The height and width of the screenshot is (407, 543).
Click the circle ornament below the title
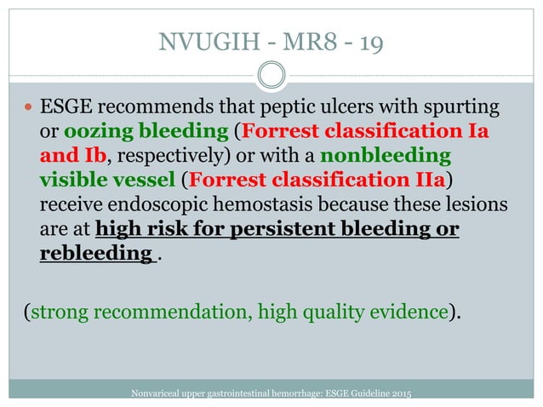(x=271, y=77)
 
